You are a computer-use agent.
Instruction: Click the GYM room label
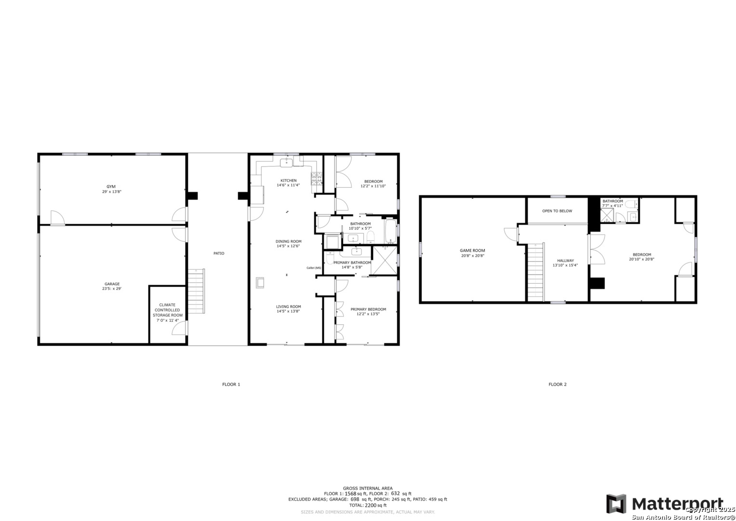pos(111,187)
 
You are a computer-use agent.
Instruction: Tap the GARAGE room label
pos(112,284)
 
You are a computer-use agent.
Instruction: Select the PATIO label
pos(219,253)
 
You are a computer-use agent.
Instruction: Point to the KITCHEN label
pos(289,180)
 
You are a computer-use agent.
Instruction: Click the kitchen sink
pos(286,163)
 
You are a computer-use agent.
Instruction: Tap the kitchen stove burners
pos(317,178)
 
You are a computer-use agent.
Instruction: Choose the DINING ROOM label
pos(289,241)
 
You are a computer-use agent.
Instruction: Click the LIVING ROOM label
pos(289,306)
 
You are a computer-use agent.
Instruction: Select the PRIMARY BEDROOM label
pos(368,309)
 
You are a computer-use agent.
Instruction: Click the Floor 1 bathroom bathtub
pos(391,231)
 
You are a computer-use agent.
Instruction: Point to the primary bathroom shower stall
pos(385,260)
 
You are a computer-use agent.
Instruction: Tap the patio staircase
pos(197,291)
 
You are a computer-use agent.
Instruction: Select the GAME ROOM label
pos(472,250)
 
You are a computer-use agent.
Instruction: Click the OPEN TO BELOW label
pos(557,211)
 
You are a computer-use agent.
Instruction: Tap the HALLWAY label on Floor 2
pos(565,260)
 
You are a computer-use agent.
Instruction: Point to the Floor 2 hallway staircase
pos(535,272)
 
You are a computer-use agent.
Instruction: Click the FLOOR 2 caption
pos(558,384)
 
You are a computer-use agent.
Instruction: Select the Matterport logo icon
pos(616,504)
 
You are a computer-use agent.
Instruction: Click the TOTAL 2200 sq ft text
pos(368,505)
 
